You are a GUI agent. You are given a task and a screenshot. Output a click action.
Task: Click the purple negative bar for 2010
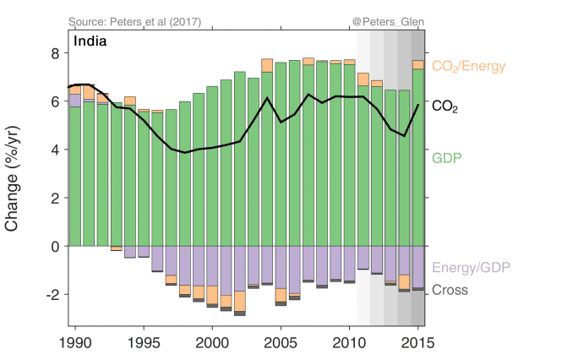[x=349, y=263]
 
